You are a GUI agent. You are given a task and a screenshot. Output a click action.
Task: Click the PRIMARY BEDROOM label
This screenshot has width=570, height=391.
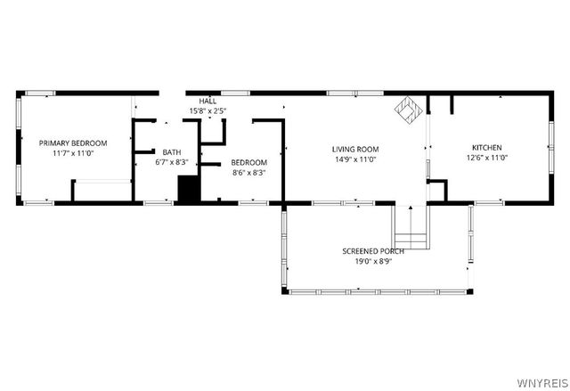73,143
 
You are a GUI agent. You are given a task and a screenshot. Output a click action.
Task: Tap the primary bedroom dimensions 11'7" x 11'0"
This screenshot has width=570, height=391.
73,153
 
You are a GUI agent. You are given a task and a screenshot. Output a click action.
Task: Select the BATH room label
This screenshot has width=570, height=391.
171,152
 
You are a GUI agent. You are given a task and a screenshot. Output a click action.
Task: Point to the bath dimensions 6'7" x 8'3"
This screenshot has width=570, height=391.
171,162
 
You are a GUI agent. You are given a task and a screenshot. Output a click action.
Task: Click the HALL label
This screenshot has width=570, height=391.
208,102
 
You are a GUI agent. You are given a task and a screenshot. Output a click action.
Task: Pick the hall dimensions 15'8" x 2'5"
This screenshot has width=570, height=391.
208,111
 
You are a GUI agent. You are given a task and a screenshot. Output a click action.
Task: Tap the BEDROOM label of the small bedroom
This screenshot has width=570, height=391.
248,162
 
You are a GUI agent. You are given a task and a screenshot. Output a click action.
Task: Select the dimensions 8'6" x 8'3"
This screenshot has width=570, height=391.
248,173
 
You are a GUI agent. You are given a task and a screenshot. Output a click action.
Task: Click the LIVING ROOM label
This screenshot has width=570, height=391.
355,149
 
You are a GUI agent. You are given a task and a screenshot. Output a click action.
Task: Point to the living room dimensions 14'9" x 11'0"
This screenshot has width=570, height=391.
355,159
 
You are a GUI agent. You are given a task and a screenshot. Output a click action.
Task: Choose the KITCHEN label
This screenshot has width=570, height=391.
486,147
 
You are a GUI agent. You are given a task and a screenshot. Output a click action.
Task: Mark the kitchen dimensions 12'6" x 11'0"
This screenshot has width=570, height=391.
486,158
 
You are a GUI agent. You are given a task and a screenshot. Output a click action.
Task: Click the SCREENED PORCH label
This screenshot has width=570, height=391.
373,251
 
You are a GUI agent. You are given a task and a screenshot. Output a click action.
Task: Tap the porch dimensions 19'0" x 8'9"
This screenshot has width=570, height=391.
373,262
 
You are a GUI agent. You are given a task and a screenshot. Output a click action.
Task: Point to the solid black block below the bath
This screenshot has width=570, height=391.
188,190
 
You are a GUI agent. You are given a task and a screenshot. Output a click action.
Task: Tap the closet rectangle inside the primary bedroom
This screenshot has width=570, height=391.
101,191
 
